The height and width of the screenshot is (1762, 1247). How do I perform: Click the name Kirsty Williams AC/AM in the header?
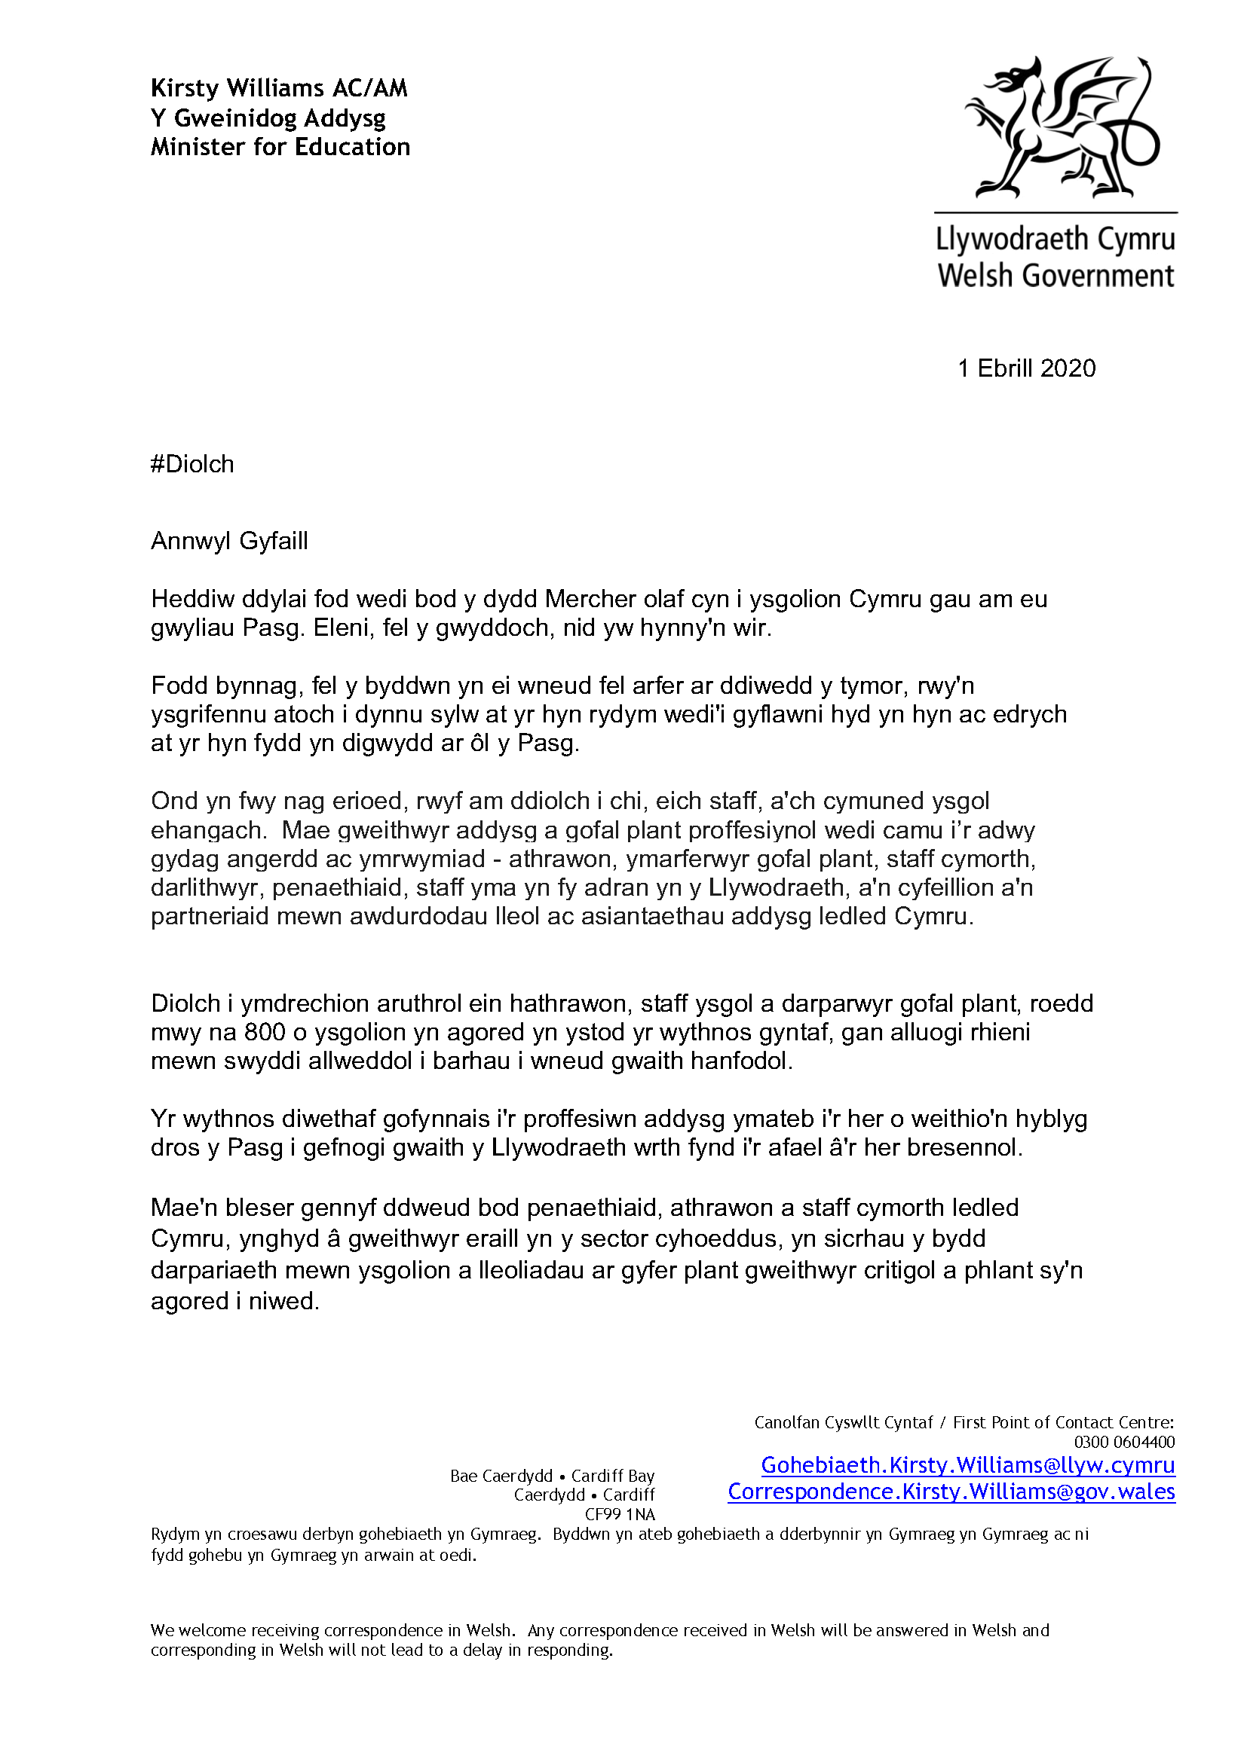[279, 88]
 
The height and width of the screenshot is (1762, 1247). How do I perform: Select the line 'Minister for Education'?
[280, 147]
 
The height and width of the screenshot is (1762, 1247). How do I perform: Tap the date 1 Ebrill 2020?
[1027, 368]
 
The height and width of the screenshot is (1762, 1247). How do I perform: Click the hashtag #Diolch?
[192, 464]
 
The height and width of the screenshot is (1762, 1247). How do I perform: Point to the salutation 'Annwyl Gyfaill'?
[229, 541]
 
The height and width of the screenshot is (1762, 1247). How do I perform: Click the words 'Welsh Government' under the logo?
[1056, 276]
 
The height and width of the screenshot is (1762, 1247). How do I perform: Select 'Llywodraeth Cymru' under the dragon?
[1055, 240]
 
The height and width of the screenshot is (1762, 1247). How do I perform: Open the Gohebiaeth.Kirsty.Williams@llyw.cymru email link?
[967, 1465]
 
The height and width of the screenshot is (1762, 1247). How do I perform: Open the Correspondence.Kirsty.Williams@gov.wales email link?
[951, 1492]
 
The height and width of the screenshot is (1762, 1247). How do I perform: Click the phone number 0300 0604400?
[1124, 1442]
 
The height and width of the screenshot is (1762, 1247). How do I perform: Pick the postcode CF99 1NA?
[620, 1514]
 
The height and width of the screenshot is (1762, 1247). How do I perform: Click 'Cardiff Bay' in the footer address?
[613, 1476]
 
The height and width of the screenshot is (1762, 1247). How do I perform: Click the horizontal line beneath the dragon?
[1056, 212]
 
